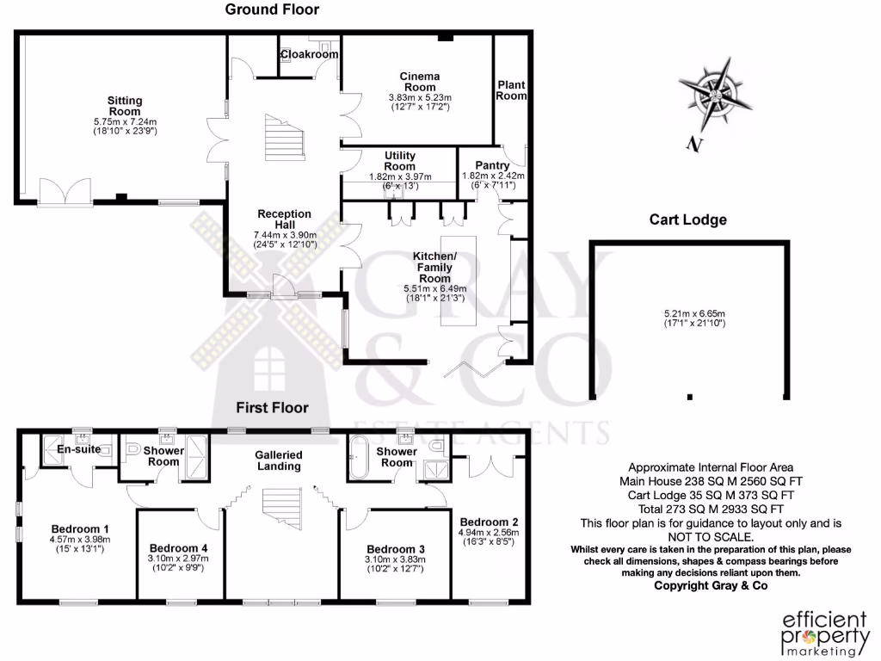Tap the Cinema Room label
click(x=420, y=82)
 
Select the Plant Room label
click(x=511, y=90)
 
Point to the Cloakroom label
click(x=309, y=54)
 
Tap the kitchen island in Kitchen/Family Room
click(x=457, y=279)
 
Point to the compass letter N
click(x=693, y=145)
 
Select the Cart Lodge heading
click(x=687, y=219)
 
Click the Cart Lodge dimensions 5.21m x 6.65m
click(x=687, y=318)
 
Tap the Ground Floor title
click(x=272, y=10)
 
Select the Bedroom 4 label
click(x=178, y=547)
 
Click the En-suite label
click(x=79, y=449)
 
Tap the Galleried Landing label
click(x=278, y=460)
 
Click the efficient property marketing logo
click(x=811, y=633)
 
